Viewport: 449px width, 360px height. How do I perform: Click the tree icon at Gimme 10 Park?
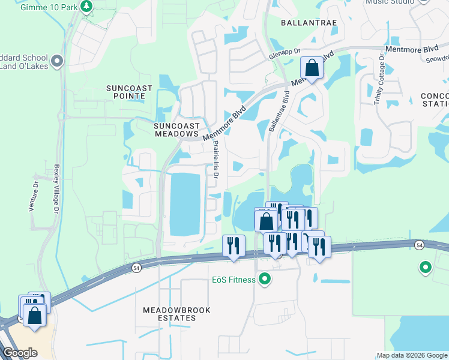click(88, 6)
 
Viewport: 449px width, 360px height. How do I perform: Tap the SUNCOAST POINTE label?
click(129, 92)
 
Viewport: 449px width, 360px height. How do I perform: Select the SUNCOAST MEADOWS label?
click(176, 130)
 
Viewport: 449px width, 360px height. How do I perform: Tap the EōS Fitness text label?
click(234, 280)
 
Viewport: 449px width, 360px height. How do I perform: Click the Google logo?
click(20, 353)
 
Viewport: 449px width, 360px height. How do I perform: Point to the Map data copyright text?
click(412, 355)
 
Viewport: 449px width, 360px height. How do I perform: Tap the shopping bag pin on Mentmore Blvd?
click(312, 68)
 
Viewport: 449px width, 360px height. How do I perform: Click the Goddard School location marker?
click(57, 61)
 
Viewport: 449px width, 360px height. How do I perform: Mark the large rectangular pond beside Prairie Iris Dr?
click(188, 202)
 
